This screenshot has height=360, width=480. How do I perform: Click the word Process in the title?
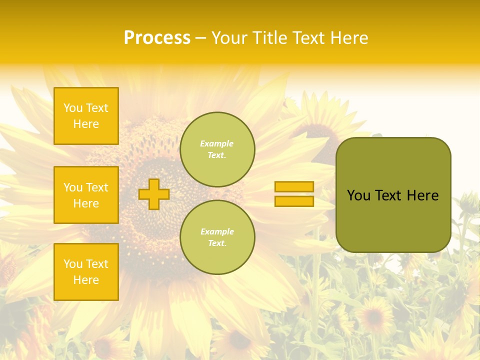(157, 38)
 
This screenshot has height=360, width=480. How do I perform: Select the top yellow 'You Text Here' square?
(86, 116)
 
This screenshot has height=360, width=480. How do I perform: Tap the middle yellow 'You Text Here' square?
(86, 195)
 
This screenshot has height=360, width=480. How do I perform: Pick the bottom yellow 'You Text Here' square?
(86, 272)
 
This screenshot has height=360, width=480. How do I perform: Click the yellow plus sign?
(154, 194)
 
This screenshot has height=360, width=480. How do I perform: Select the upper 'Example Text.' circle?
(217, 149)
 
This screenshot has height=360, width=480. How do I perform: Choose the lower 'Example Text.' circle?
(217, 237)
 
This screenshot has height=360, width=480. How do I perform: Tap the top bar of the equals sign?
(294, 187)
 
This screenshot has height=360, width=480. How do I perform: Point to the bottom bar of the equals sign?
(294, 201)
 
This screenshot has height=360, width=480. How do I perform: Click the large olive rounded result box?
(393, 220)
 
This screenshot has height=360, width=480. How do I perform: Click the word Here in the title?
(348, 38)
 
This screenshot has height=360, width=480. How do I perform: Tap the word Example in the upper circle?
(217, 144)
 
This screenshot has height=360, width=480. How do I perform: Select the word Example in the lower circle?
(217, 232)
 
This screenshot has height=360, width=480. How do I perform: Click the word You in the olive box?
(358, 195)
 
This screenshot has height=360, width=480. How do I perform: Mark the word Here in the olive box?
(423, 195)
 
